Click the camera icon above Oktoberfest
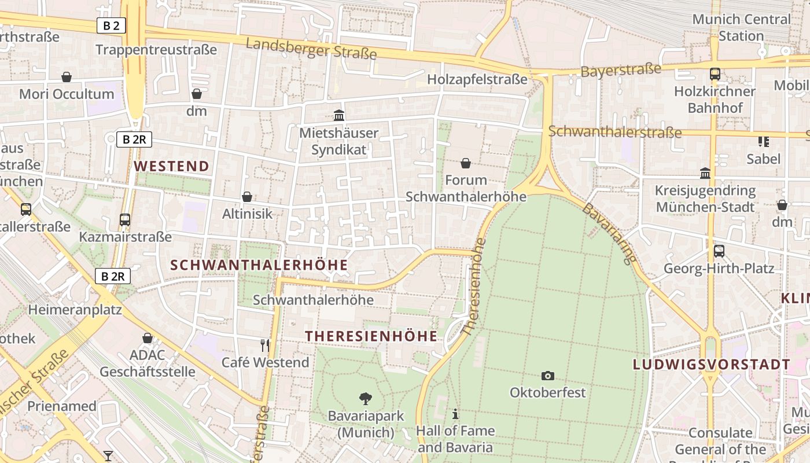(547, 376)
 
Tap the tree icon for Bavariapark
(365, 398)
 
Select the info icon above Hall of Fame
(455, 414)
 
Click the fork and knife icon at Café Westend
(265, 346)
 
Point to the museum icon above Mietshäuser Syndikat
(339, 115)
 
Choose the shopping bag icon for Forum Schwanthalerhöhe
(466, 164)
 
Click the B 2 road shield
(112, 25)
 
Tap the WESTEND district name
(172, 167)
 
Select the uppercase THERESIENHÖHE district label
(371, 336)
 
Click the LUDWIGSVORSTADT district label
(711, 365)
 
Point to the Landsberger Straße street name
(311, 49)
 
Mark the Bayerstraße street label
(621, 71)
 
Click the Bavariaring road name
(609, 234)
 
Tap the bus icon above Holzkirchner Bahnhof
(715, 74)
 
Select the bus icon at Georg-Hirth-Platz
(719, 251)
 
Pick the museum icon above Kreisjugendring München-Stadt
(705, 173)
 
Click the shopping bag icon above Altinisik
(247, 197)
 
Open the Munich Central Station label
(741, 27)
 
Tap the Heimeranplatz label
(75, 310)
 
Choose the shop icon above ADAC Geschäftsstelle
(148, 338)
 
